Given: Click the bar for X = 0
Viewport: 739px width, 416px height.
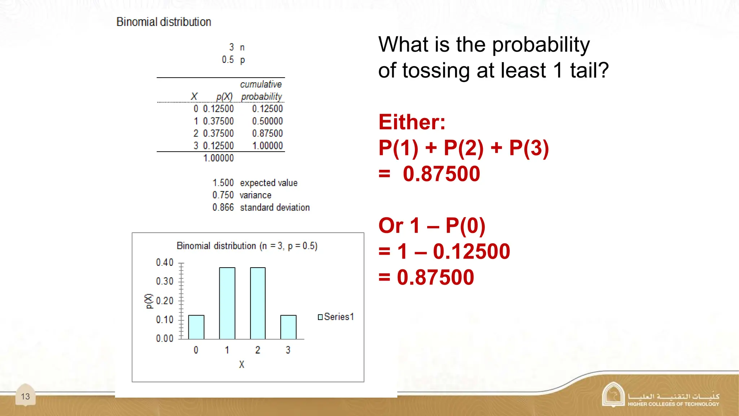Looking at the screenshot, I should coord(196,327).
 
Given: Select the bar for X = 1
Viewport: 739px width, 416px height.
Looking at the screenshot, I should coord(227,303).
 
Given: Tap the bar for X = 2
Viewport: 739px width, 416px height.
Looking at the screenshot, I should coord(258,303).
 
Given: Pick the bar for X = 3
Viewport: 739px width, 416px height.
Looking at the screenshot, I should coord(288,327).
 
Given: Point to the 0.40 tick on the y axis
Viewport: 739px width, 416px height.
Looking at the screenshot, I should coord(165,263).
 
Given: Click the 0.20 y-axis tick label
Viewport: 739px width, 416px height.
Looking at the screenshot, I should coord(165,300).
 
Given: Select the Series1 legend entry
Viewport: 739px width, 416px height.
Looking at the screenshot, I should coord(336,317).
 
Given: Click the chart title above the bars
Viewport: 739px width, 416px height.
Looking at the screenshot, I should coord(247,246).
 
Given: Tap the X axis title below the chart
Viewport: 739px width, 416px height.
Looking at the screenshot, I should coord(241,364).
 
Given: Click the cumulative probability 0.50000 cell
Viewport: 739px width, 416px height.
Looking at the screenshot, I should coord(267,121).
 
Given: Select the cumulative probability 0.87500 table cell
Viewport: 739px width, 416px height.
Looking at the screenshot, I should coord(267,133).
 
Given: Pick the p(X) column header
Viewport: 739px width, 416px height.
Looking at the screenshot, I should coord(224,96).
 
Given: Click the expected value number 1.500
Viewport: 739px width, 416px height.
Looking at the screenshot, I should coord(223,183).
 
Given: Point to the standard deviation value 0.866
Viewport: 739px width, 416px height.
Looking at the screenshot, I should coord(223,207).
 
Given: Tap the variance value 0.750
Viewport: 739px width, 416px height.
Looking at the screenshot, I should coord(223,195).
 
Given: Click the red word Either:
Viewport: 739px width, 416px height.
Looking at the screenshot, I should coord(412,122).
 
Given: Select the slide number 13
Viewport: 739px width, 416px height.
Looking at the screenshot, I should coord(25,396).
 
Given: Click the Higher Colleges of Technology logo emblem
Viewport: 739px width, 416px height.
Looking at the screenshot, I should coord(613,395).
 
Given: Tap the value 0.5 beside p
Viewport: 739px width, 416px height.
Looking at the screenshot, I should coord(228,60).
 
